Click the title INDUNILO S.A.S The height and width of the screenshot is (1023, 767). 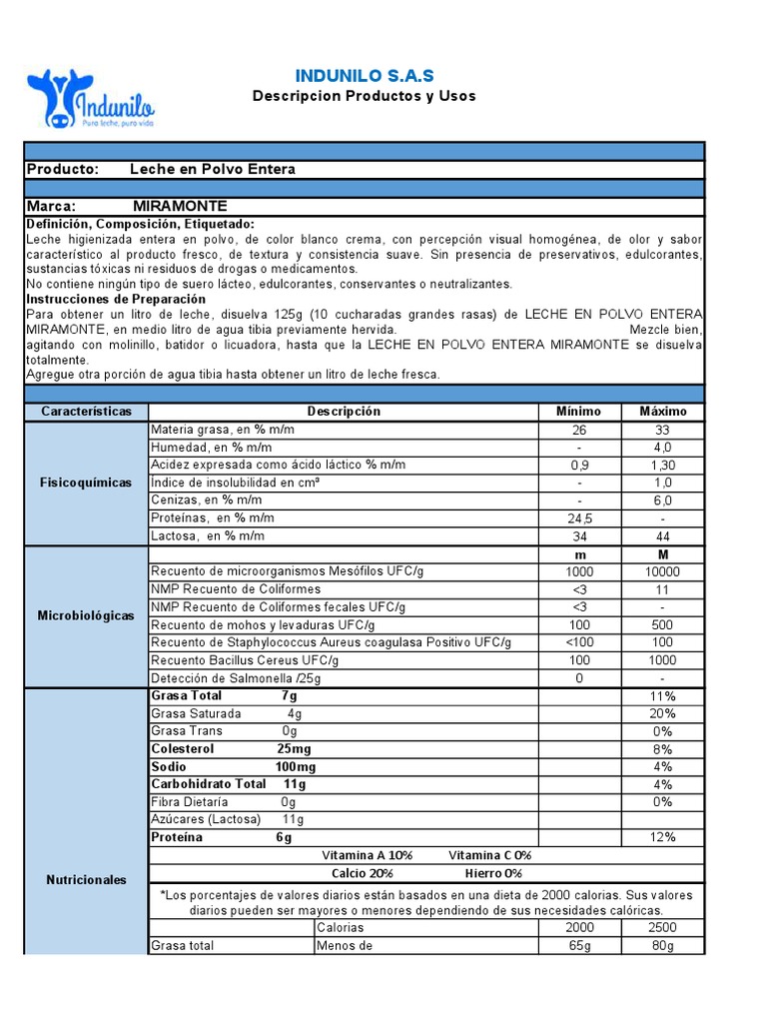365,76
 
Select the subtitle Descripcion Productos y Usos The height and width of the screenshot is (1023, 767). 365,96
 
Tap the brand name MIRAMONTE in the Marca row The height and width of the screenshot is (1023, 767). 180,206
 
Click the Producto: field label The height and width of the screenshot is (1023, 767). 62,169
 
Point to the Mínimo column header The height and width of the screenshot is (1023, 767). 578,412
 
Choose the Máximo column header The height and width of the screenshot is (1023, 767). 662,412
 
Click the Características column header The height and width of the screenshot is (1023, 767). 86,412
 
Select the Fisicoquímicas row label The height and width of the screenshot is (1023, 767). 86,483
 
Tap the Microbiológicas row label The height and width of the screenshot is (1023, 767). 86,615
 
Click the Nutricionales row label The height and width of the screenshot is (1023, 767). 86,880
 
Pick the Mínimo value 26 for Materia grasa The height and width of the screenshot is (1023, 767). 578,430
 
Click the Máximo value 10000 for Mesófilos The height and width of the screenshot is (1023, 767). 662,572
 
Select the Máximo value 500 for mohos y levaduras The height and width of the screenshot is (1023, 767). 662,624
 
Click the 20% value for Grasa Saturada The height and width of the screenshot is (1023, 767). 662,713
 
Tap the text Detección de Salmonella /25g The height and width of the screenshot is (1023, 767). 236,677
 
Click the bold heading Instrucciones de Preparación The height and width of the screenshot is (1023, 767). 116,299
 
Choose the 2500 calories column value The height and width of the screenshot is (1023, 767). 662,928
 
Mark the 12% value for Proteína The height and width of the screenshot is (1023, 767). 662,837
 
